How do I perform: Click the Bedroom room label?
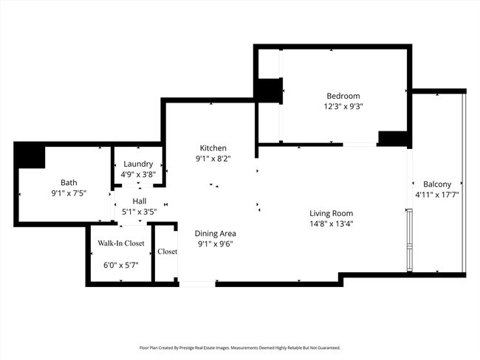[343, 96]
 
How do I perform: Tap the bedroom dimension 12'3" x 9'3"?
[343, 106]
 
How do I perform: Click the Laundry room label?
[138, 164]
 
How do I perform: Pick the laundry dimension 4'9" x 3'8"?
[138, 174]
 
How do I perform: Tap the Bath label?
[69, 183]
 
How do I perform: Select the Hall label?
[139, 201]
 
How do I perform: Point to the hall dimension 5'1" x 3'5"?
[139, 211]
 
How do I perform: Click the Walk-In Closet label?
[121, 243]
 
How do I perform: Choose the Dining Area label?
[216, 233]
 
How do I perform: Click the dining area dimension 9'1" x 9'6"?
[216, 243]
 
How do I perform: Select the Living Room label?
[331, 213]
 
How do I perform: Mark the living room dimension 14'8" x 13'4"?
[331, 224]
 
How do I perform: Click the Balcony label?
[437, 184]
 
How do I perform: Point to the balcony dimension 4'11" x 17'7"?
[437, 195]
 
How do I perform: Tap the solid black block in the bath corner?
[30, 156]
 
